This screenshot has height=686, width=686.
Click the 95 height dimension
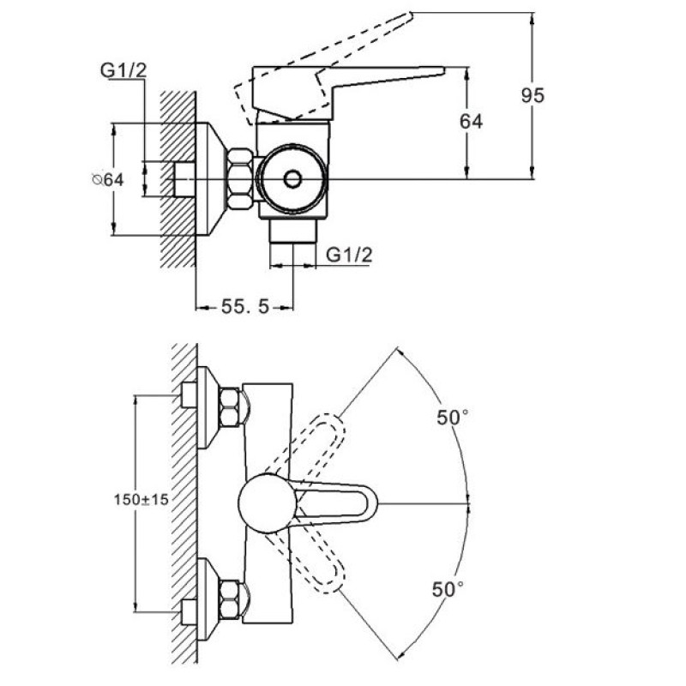tap(533, 96)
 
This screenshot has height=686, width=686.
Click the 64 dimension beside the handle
tap(471, 122)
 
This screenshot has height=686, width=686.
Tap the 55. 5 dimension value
tap(245, 305)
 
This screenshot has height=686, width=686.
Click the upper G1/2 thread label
tap(123, 72)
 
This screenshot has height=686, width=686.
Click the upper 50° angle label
tap(453, 418)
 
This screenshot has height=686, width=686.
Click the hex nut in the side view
tap(240, 178)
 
